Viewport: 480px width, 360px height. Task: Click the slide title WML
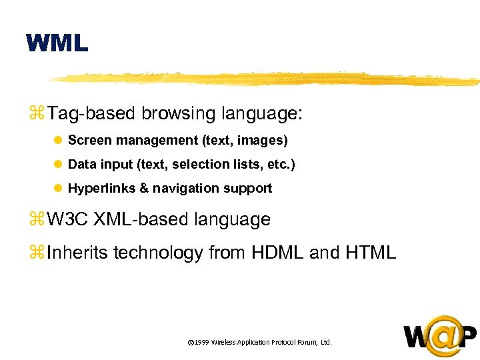click(57, 44)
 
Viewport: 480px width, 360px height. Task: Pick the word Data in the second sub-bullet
click(82, 164)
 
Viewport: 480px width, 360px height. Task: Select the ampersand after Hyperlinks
click(144, 189)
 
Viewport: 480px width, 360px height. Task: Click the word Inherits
click(77, 253)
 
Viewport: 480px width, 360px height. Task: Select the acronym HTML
click(370, 253)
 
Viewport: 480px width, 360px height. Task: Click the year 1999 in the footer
click(202, 342)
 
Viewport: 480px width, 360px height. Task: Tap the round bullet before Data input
click(58, 165)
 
